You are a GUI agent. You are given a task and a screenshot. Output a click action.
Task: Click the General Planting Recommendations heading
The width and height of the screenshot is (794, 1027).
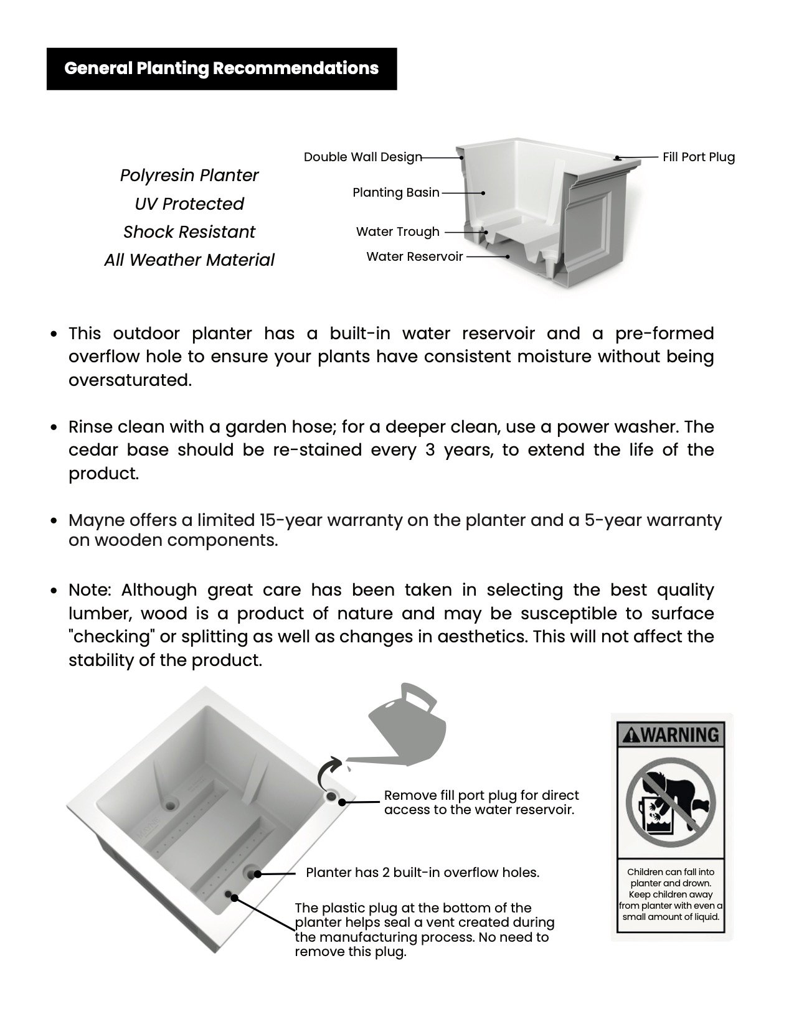[x=221, y=68]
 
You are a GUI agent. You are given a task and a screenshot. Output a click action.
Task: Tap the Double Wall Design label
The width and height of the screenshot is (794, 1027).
[x=362, y=157]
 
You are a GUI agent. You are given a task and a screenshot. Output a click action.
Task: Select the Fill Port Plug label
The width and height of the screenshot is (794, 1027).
[x=698, y=157]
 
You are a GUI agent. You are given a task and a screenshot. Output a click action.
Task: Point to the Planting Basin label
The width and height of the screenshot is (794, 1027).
[x=396, y=193]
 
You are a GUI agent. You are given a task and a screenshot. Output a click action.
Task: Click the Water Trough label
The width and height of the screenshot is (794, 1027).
[x=397, y=232]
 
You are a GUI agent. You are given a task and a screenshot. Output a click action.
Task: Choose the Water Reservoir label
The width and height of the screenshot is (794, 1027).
[x=414, y=256]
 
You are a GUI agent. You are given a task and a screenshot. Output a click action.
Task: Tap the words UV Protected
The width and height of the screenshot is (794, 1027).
[x=189, y=204]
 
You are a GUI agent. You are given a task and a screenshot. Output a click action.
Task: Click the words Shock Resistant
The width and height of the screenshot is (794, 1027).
[x=189, y=232]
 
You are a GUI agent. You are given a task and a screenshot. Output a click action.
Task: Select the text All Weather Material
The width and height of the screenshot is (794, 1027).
[x=189, y=260]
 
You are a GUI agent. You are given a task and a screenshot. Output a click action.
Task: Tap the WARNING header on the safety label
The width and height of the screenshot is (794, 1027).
[x=671, y=735]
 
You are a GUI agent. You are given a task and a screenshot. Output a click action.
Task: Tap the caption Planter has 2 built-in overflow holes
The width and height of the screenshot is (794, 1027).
[x=422, y=873]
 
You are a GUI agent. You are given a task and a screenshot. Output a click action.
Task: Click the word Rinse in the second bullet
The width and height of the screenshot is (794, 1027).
[x=91, y=428]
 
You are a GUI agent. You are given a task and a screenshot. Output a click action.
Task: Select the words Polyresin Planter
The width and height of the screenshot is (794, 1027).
[x=189, y=176]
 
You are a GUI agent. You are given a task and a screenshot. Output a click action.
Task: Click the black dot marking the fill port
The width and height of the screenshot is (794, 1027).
[x=342, y=801]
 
